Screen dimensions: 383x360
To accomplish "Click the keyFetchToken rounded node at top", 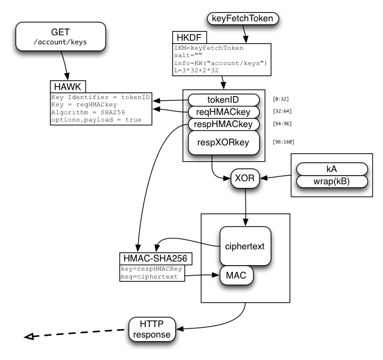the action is (x=243, y=19).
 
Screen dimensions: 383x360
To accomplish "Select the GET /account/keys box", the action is (x=61, y=36).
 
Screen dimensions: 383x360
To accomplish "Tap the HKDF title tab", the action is (x=189, y=37).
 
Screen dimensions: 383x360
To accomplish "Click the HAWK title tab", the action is (x=67, y=87).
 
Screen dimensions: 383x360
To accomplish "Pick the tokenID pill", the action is (x=224, y=100).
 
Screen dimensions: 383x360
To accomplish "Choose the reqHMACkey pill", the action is (x=224, y=112).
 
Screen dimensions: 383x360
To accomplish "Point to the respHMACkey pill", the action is (x=224, y=125).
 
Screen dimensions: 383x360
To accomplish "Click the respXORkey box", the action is (x=224, y=142).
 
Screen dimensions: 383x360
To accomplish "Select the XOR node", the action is (x=245, y=178).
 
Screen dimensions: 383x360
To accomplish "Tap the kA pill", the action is (x=332, y=169).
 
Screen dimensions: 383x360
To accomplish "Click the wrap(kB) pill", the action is (x=332, y=182).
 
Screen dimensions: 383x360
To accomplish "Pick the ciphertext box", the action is (x=245, y=246).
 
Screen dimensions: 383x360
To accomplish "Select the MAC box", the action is (x=236, y=275).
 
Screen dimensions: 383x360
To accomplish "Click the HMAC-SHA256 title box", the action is (x=156, y=258).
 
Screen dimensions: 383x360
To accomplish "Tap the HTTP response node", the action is (x=152, y=329).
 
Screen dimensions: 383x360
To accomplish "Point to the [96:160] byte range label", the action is (x=283, y=142).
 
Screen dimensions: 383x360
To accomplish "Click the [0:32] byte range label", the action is (x=281, y=99).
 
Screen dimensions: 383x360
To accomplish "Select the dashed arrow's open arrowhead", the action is (x=29, y=336).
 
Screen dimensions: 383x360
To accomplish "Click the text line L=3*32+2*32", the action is (x=196, y=71).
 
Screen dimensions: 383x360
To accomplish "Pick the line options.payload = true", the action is (x=96, y=120).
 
